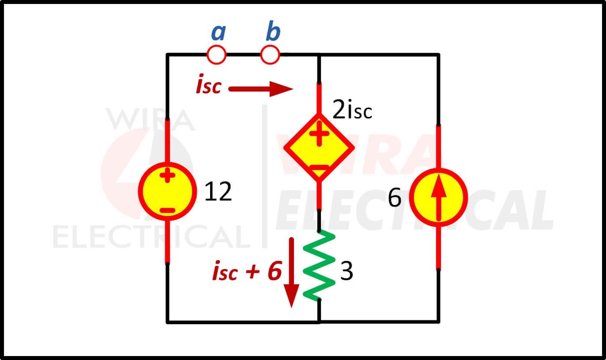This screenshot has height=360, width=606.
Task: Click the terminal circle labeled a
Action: click(216, 46)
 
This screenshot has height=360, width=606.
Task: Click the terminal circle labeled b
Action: click(270, 46)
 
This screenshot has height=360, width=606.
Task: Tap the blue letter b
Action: click(273, 31)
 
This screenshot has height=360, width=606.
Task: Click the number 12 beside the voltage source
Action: click(218, 192)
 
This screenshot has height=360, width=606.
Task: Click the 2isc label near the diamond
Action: click(352, 110)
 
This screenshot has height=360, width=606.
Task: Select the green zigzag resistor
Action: click(319, 266)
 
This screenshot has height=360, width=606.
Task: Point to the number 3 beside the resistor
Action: click(346, 271)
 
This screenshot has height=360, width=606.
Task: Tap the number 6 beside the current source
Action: click(395, 198)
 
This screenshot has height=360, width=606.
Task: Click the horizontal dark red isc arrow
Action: click(261, 89)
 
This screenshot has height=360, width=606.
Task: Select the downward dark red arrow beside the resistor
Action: click(291, 273)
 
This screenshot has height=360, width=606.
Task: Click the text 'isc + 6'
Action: click(247, 271)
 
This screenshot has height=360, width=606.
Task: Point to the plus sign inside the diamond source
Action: click(319, 133)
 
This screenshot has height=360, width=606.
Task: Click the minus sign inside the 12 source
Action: click(167, 210)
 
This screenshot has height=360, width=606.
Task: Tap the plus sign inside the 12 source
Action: click(167, 175)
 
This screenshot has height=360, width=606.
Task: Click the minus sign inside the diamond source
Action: click(319, 168)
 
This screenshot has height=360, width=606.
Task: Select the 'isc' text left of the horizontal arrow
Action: click(209, 84)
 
